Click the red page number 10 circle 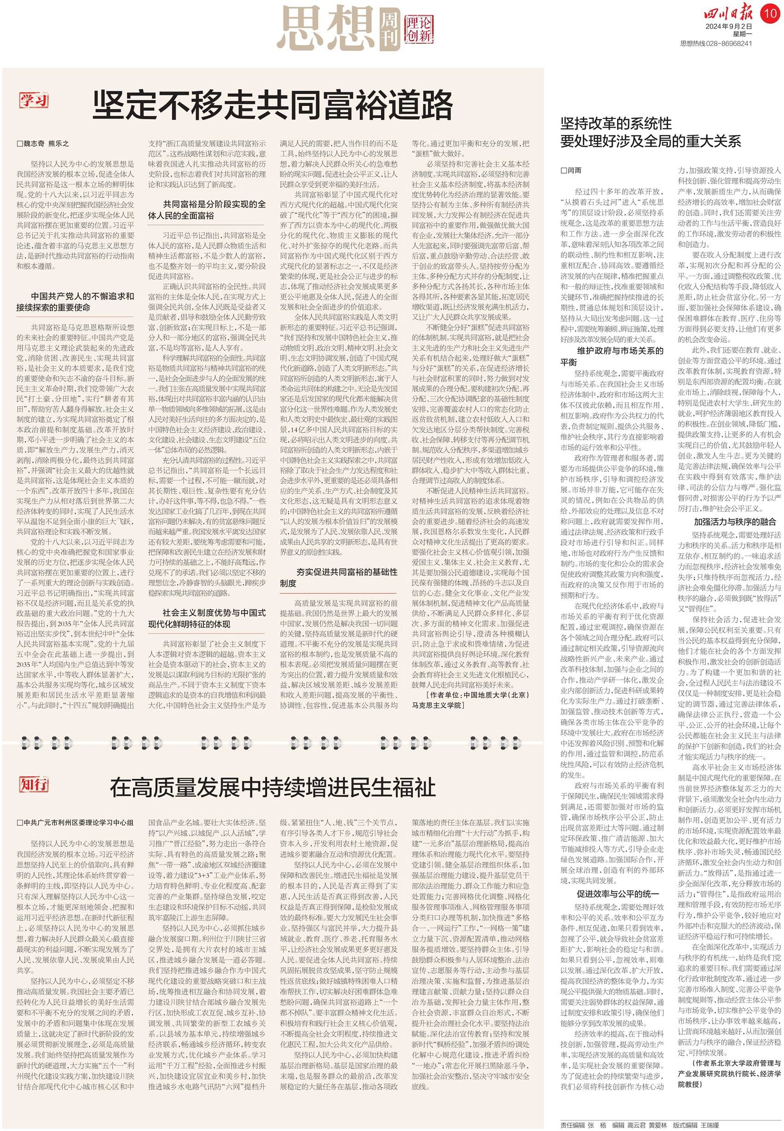tap(770, 13)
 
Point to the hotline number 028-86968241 tap(730, 44)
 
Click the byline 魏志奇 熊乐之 tap(43, 144)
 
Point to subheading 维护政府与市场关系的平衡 tap(612, 356)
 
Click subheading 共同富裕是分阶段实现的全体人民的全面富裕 tap(207, 210)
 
